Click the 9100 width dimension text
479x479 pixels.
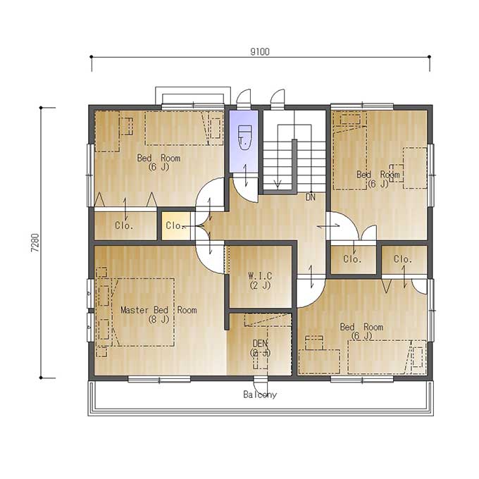pos(260,51)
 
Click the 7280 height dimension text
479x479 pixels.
pos(35,242)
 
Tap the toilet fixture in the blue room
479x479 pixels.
pos(244,137)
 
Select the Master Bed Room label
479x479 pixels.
pos(158,310)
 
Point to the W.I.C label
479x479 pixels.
pos(260,276)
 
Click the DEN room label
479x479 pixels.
pos(260,343)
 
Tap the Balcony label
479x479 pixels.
pos(260,394)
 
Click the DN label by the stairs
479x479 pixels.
pos(311,197)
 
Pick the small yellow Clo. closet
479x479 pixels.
pos(176,225)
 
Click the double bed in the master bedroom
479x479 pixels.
pos(144,312)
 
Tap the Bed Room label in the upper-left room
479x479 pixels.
pos(158,158)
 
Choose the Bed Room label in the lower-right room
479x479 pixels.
pos(361,327)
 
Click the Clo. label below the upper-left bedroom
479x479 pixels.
pos(124,225)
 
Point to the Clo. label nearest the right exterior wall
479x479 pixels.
pos(403,259)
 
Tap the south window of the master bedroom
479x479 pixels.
pos(159,380)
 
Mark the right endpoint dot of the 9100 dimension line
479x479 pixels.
pos(429,57)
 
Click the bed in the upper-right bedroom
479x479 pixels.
pos(350,151)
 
